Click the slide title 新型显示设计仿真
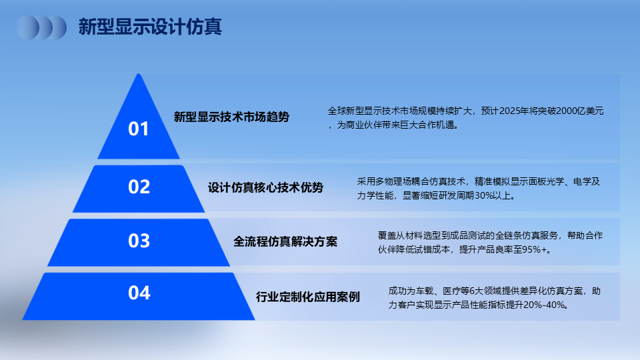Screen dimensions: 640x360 (x=150, y=27)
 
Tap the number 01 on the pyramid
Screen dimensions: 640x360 (x=139, y=129)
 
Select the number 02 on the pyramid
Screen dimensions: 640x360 (x=139, y=187)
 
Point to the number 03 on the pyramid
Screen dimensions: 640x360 (x=139, y=241)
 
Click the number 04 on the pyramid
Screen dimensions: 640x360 (x=139, y=293)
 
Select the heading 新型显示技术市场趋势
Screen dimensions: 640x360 (x=231, y=117)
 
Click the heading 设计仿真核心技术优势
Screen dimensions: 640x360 (x=266, y=188)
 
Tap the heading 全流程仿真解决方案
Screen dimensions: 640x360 (x=285, y=241)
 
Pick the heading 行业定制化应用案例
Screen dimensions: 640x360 (x=308, y=297)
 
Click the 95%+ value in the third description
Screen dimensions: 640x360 (x=534, y=249)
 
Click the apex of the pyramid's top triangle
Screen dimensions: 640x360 (x=139, y=74)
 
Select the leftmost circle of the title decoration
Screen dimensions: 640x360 (x=28, y=28)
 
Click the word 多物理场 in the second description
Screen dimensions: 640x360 (x=389, y=181)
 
